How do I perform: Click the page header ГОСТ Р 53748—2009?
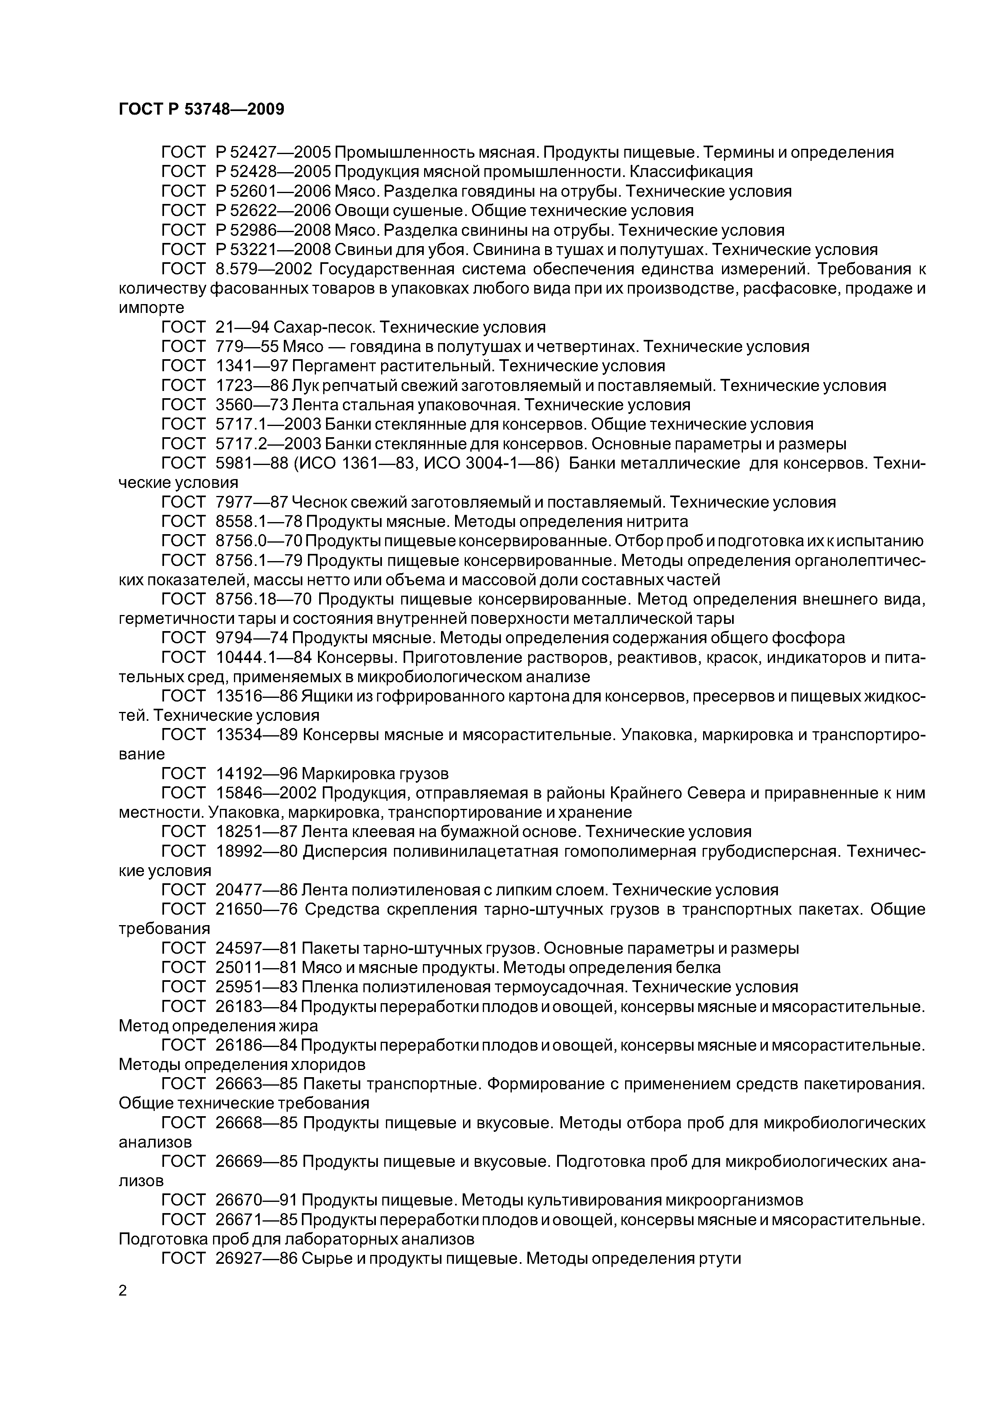click(x=201, y=110)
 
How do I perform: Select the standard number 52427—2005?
click(x=281, y=152)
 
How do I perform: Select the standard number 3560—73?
click(x=252, y=405)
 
